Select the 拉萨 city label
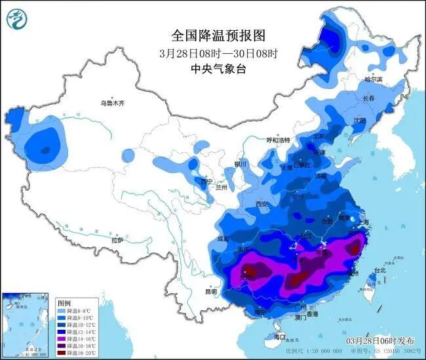[117, 241]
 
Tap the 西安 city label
[263, 204]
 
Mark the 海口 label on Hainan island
[281, 336]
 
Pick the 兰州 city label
[222, 188]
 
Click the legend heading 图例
[64, 304]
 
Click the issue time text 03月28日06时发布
[381, 342]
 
